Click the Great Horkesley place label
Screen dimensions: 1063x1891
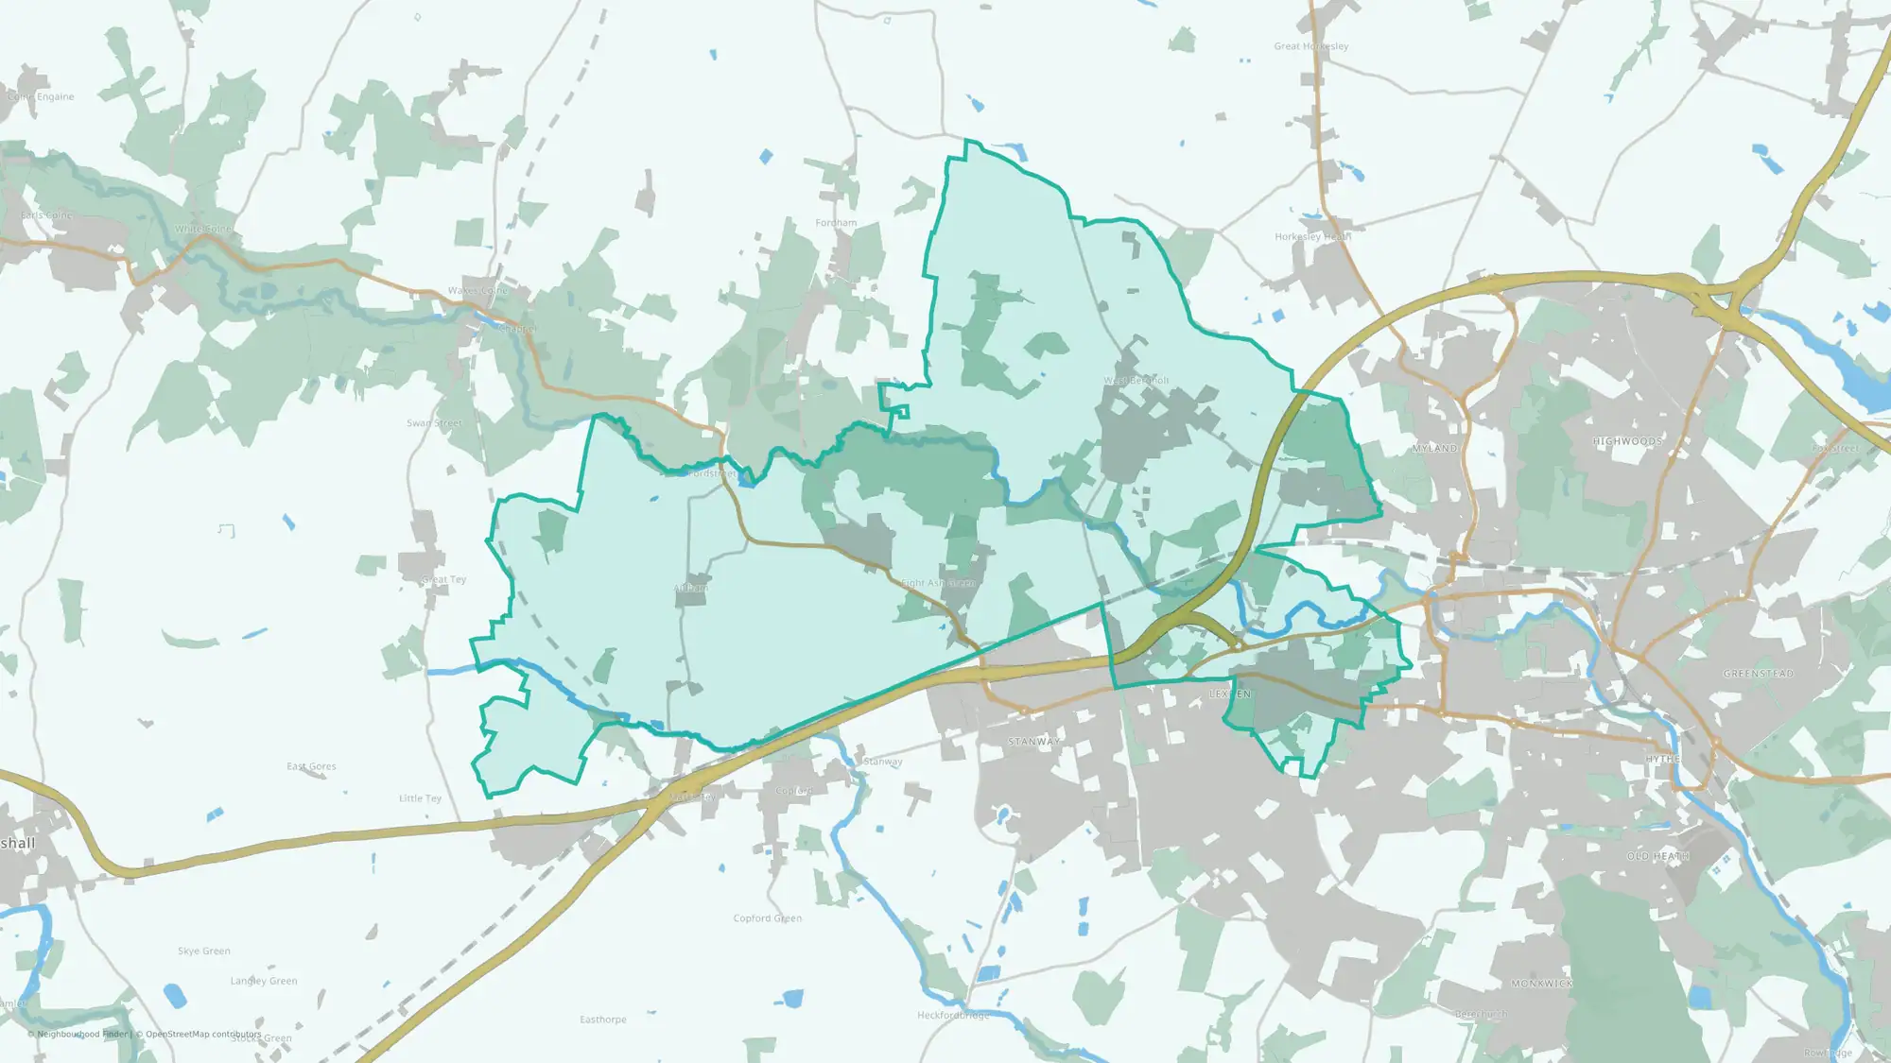point(1310,46)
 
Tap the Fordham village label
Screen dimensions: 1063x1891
point(836,223)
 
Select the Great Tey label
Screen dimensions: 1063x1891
point(443,579)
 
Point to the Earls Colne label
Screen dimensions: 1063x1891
point(47,215)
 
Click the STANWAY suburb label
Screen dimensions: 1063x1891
point(1033,742)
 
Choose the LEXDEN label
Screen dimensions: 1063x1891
point(1230,694)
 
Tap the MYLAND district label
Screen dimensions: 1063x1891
point(1434,448)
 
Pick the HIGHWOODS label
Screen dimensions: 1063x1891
point(1626,441)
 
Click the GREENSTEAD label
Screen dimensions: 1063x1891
point(1758,674)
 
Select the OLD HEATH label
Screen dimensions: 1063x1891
point(1657,856)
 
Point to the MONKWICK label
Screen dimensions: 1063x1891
point(1541,984)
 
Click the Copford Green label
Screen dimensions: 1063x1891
point(767,918)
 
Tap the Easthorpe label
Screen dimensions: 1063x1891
point(602,1020)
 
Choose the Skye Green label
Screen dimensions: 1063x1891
point(203,951)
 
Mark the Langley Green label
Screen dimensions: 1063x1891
point(263,981)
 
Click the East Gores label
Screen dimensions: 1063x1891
point(311,766)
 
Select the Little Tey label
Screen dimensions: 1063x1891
point(420,798)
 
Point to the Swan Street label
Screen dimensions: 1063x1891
point(434,423)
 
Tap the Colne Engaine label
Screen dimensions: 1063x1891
point(41,96)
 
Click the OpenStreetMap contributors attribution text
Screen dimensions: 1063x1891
point(202,1034)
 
